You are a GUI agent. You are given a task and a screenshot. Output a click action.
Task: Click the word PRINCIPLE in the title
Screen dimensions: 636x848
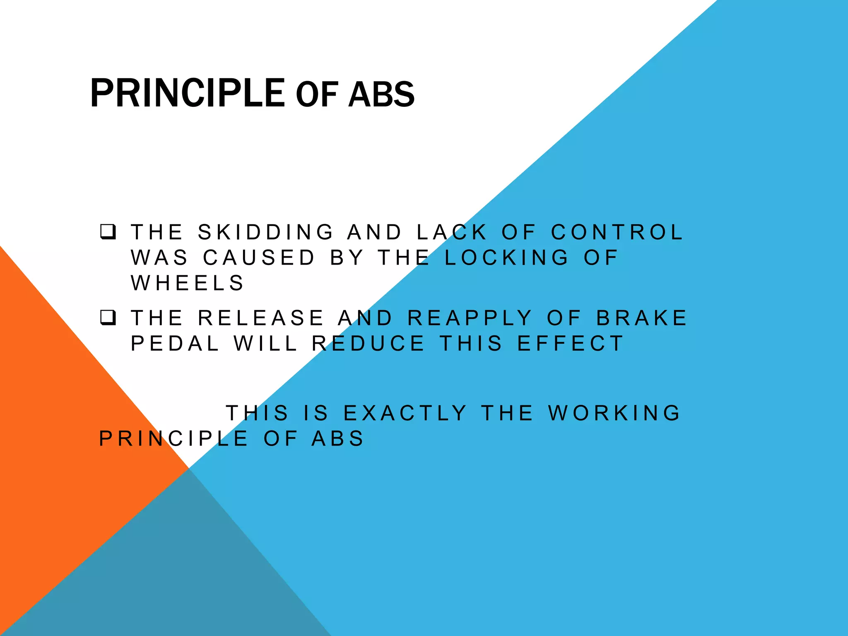[187, 94]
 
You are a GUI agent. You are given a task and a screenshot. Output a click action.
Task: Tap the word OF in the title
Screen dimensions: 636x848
[317, 95]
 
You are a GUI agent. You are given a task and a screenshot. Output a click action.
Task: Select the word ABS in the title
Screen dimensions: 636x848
[381, 95]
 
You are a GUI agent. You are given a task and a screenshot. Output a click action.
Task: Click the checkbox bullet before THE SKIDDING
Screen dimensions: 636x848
[108, 232]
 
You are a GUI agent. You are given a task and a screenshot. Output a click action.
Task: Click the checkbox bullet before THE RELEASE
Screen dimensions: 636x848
[108, 318]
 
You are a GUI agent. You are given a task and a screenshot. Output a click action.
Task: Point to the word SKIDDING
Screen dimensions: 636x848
[265, 232]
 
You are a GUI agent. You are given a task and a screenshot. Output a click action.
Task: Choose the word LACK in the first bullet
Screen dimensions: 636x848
[452, 232]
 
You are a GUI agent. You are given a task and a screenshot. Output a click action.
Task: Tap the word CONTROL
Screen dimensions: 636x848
[617, 232]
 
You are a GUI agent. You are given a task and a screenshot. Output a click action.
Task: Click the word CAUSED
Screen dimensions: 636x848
[259, 258]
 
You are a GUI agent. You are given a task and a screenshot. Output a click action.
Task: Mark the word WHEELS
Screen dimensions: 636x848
[188, 283]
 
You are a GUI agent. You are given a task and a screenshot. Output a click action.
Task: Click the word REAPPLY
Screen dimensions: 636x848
[470, 318]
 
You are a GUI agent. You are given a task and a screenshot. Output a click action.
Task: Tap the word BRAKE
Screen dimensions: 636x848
[641, 318]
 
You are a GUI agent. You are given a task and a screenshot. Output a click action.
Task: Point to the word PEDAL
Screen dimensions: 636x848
[175, 344]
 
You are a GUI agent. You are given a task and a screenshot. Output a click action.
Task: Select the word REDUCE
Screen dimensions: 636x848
[368, 344]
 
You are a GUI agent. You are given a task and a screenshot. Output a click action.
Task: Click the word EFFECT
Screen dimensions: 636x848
[570, 344]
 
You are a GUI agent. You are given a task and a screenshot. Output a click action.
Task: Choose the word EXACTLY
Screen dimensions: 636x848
[405, 413]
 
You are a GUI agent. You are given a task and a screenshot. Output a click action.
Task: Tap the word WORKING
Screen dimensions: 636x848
[614, 413]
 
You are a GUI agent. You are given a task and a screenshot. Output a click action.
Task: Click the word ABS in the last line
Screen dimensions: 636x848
[337, 439]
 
